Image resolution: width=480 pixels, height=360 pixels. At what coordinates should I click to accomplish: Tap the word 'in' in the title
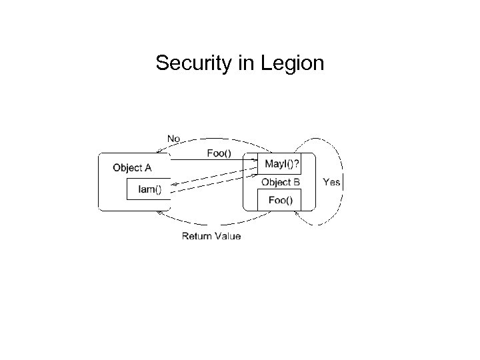click(243, 64)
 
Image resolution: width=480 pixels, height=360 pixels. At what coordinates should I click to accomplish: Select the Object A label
click(132, 168)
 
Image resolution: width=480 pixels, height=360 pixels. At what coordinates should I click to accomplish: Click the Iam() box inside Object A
click(149, 189)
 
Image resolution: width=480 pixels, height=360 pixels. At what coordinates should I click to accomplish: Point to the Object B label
click(280, 182)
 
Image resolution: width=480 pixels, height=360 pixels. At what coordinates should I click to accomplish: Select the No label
click(173, 139)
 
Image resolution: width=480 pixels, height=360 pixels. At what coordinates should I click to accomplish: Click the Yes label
click(331, 182)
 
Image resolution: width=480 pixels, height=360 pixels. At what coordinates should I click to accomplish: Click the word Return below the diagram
click(198, 236)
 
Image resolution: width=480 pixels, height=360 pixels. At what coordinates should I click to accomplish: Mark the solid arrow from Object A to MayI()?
click(213, 161)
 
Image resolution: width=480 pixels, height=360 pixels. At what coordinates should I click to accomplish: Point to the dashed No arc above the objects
click(213, 142)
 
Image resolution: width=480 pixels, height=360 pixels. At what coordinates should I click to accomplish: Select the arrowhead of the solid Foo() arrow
click(255, 161)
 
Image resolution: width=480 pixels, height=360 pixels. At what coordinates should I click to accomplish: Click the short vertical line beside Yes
click(343, 182)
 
